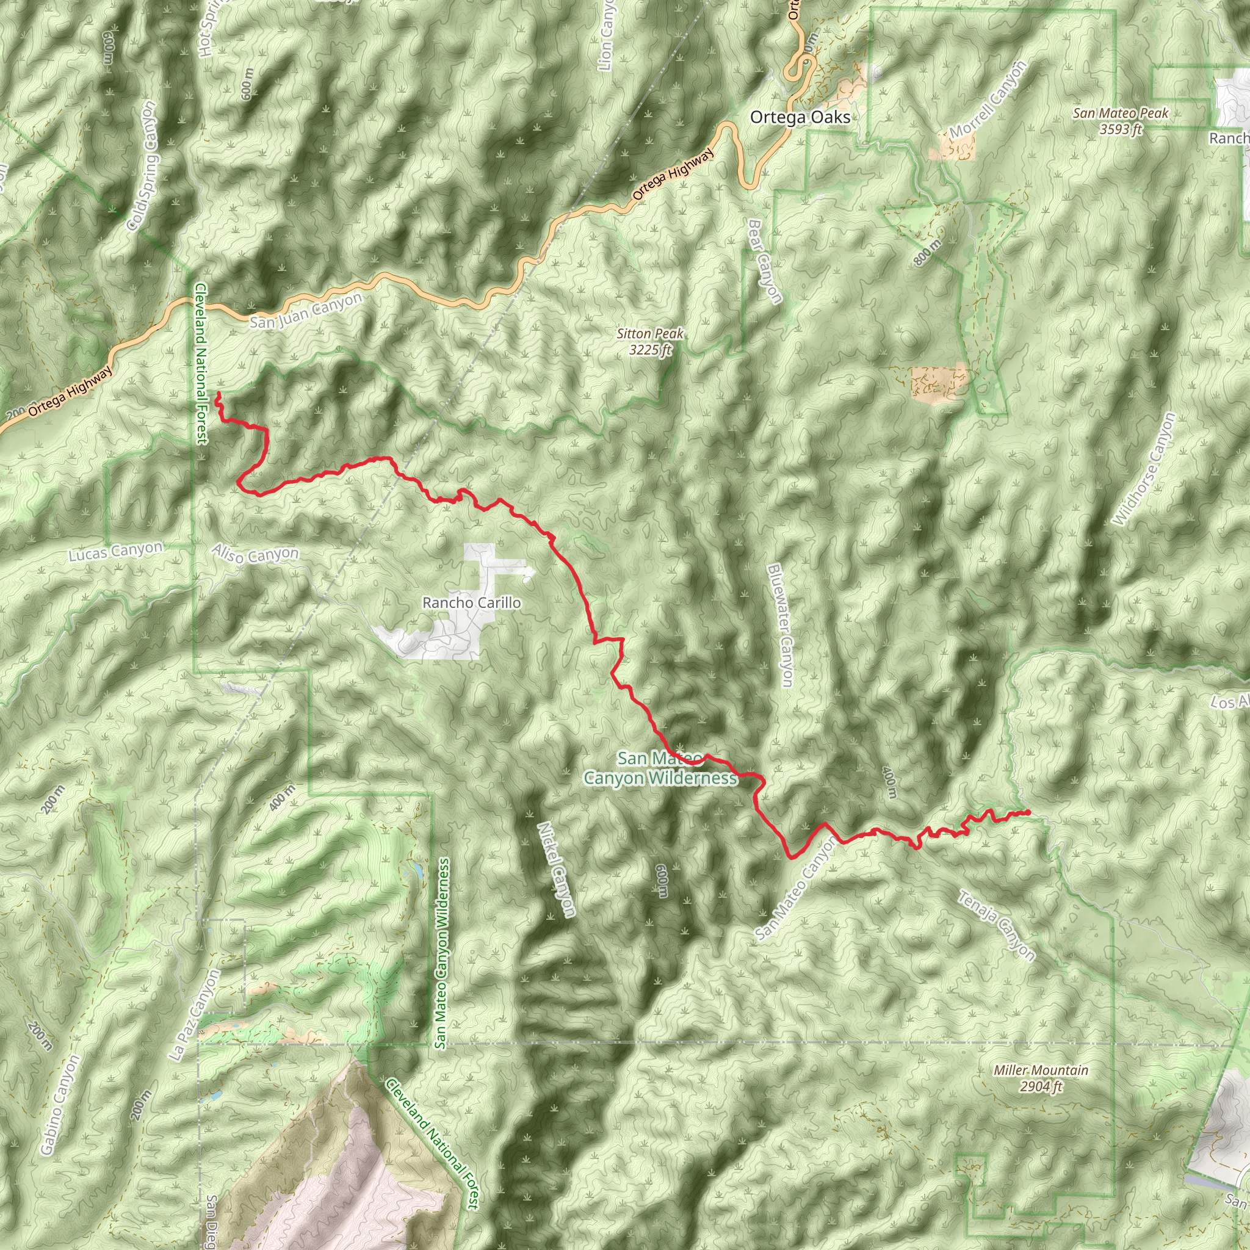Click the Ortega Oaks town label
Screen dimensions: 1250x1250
(800, 118)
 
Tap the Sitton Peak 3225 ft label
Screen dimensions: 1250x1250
(650, 342)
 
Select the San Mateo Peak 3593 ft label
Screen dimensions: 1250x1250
(1121, 121)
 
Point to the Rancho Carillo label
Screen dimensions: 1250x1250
(471, 603)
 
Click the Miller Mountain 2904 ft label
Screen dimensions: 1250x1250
(1041, 1078)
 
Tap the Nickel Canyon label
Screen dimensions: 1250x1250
(556, 869)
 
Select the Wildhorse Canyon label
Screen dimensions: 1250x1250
(1143, 469)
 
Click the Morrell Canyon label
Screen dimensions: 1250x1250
(988, 99)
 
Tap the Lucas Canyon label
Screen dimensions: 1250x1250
(116, 551)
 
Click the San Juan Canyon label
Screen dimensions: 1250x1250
(305, 311)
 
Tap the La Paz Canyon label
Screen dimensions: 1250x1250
(194, 1015)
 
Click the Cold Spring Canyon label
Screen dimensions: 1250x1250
(142, 165)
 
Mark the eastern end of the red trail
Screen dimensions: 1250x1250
(1028, 812)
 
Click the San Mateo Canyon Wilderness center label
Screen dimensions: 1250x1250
(660, 768)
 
